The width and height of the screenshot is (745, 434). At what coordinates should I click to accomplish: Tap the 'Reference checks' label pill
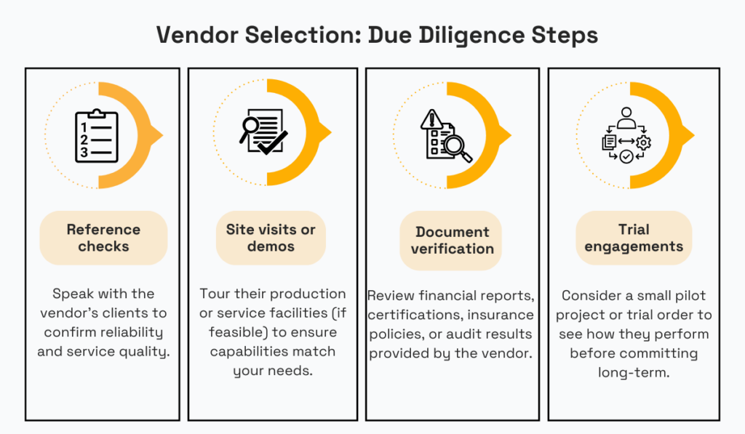[103, 238]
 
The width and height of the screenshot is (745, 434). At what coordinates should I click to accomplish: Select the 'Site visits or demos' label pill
[271, 238]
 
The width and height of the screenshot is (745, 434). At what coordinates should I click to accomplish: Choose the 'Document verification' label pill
[451, 241]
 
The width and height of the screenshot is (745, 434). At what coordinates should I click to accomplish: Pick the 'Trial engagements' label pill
[634, 238]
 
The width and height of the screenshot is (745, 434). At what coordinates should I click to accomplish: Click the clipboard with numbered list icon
[96, 136]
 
